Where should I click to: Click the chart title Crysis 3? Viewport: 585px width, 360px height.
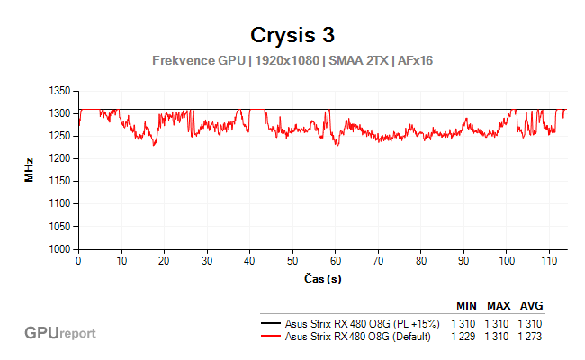pyautogui.click(x=292, y=36)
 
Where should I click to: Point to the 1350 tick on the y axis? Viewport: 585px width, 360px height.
pyautogui.click(x=58, y=91)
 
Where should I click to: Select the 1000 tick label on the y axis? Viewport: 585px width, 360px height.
pyautogui.click(x=58, y=248)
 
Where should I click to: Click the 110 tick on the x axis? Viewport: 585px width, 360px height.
pyautogui.click(x=550, y=260)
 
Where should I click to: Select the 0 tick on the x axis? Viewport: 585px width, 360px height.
pyautogui.click(x=79, y=260)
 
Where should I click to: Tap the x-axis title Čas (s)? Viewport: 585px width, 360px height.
pyautogui.click(x=321, y=278)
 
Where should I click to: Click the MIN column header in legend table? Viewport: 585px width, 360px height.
pyautogui.click(x=466, y=306)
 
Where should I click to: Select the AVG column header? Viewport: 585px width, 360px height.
pyautogui.click(x=531, y=306)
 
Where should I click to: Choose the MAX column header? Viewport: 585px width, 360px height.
pyautogui.click(x=499, y=306)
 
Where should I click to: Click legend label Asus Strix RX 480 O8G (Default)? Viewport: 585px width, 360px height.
pyautogui.click(x=357, y=337)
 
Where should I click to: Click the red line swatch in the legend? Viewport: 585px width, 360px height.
pyautogui.click(x=270, y=337)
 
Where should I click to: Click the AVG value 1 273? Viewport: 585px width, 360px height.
pyautogui.click(x=531, y=337)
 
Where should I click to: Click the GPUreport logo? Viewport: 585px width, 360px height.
pyautogui.click(x=60, y=333)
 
